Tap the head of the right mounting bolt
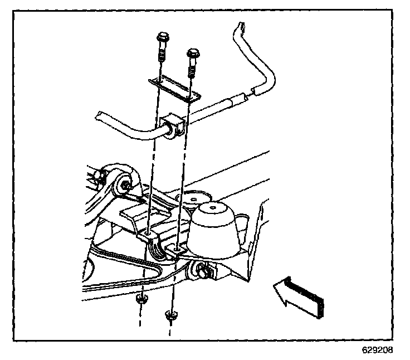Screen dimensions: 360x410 (x=193, y=53)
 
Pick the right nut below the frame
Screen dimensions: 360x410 (x=170, y=316)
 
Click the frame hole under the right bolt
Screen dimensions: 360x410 (x=177, y=246)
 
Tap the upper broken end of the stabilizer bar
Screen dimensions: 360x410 (x=241, y=26)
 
